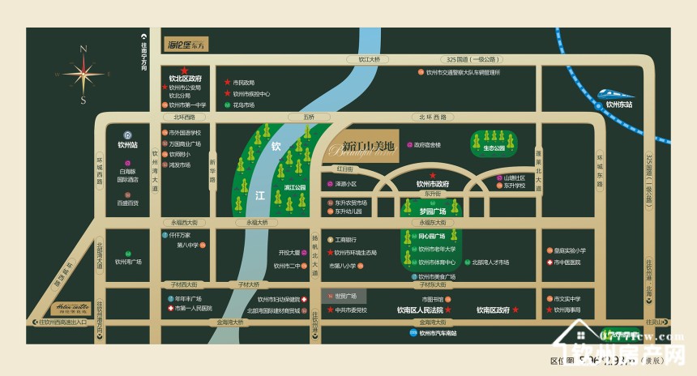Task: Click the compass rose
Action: (x=83, y=74)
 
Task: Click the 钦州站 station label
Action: (x=128, y=145)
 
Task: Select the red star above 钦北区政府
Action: (x=185, y=70)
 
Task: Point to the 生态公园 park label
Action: (x=494, y=148)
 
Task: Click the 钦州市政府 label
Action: (x=433, y=184)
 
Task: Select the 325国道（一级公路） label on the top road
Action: (x=469, y=59)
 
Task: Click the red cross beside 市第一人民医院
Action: (x=169, y=309)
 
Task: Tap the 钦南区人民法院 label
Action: (x=419, y=310)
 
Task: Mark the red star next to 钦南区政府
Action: (x=514, y=310)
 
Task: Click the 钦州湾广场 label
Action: (x=128, y=262)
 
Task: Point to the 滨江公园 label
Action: (x=295, y=188)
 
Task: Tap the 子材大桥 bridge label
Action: (x=244, y=284)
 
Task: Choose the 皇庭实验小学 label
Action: (x=572, y=250)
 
